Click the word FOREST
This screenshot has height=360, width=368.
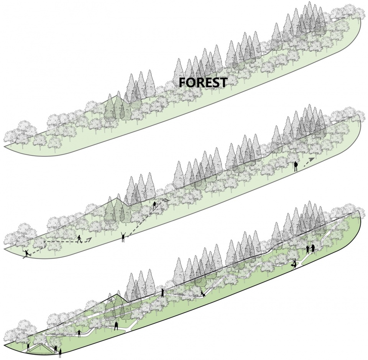point(203,82)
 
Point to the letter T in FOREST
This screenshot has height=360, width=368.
point(223,82)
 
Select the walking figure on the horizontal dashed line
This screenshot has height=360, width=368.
point(79,239)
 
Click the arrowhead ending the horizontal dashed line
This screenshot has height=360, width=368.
point(89,240)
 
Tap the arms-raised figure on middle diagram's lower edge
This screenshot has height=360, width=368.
point(123,237)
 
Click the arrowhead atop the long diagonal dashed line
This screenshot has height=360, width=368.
point(166,200)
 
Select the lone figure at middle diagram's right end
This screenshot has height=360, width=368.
point(296,166)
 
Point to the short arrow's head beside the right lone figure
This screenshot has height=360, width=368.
point(311,159)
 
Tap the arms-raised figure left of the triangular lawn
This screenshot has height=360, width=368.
point(28,346)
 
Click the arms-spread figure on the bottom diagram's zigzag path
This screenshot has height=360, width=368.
point(80,334)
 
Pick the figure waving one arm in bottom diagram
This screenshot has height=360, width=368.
point(163,291)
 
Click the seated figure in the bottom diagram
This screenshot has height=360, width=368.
point(203,294)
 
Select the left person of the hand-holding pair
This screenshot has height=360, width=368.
point(308,249)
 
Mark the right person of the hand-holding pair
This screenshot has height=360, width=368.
point(313,249)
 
